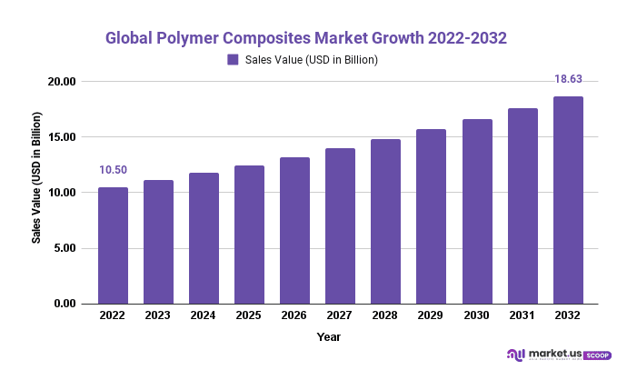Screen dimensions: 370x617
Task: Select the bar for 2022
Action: pyautogui.click(x=113, y=245)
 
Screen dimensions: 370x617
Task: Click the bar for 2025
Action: pyautogui.click(x=249, y=235)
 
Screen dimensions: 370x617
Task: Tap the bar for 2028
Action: pyautogui.click(x=385, y=221)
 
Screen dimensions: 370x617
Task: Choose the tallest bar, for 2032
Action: pyautogui.click(x=568, y=200)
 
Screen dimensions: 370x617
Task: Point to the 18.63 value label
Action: pyautogui.click(x=568, y=80)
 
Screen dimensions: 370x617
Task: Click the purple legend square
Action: pyautogui.click(x=233, y=60)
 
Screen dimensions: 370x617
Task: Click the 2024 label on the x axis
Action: pyautogui.click(x=204, y=315)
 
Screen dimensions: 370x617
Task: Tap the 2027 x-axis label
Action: pyautogui.click(x=340, y=315)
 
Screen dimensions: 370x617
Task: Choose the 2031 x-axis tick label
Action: pyautogui.click(x=522, y=315)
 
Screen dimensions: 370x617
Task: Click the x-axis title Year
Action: pyautogui.click(x=329, y=336)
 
